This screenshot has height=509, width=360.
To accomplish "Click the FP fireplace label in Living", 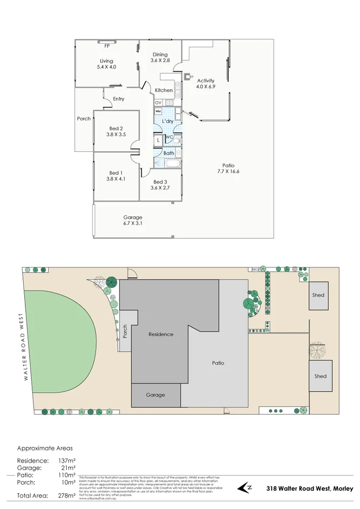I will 107,46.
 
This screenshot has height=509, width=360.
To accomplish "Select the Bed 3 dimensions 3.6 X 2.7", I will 160,188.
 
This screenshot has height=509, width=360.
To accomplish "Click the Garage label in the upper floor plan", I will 132,217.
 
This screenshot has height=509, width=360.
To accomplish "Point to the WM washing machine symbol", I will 158,111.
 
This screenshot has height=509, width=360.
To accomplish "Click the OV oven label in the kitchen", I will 158,102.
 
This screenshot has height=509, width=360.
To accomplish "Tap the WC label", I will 168,137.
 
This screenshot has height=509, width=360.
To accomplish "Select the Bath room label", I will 168,153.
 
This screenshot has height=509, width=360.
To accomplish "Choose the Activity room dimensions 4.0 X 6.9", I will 206,87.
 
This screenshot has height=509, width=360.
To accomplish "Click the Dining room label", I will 160,54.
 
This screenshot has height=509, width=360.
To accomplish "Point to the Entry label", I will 118,99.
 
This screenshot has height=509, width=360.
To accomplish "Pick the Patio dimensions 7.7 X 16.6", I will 229,172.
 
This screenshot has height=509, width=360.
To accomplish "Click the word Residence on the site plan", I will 161,334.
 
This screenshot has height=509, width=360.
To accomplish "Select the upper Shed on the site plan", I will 319,295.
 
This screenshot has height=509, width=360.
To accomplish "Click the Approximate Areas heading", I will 45,448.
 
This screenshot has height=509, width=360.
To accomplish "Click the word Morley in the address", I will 343,489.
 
